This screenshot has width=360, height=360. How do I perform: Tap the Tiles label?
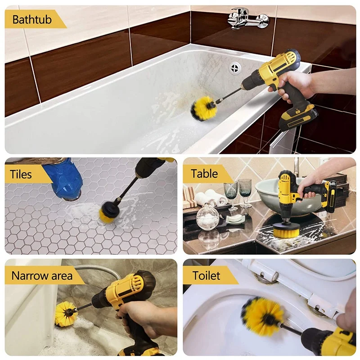click(22, 174)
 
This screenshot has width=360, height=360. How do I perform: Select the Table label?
click(204, 174)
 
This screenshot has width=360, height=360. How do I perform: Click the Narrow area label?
click(42, 275)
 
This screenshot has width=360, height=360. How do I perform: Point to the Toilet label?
click(206, 275)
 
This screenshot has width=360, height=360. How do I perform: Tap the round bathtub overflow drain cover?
click(235, 68)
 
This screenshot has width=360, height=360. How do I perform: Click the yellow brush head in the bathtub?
click(204, 108)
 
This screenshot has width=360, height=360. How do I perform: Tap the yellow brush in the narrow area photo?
click(66, 314)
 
